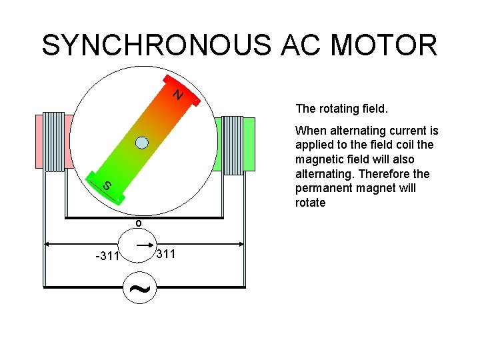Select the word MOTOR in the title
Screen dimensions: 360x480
384,45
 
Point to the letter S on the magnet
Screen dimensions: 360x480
107,186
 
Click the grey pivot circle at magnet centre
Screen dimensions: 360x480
141,142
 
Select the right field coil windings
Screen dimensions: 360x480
232,145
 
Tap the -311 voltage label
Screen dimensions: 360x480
107,256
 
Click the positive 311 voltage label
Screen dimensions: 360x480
165,254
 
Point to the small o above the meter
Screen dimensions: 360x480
138,223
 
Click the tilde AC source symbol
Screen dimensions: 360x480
138,288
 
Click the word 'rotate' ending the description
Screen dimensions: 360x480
310,203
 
